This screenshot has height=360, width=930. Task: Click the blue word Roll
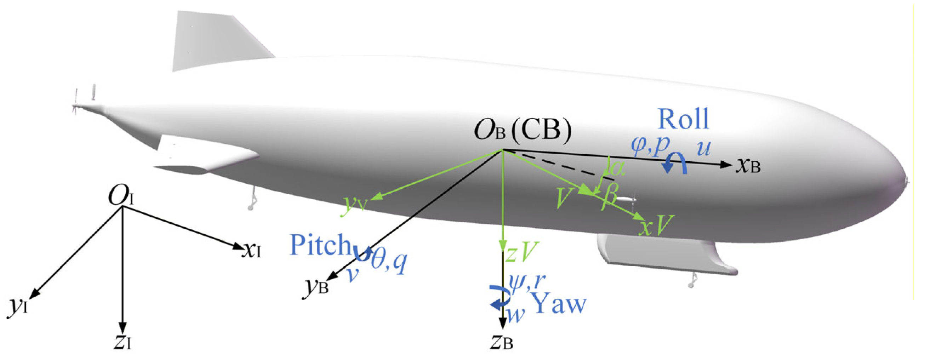pos(683,119)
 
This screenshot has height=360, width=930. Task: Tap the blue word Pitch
pos(320,245)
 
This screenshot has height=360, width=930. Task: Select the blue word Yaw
pos(559,303)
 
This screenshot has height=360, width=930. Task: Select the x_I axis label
pos(252,250)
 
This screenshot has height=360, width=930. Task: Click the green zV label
pos(522,252)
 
